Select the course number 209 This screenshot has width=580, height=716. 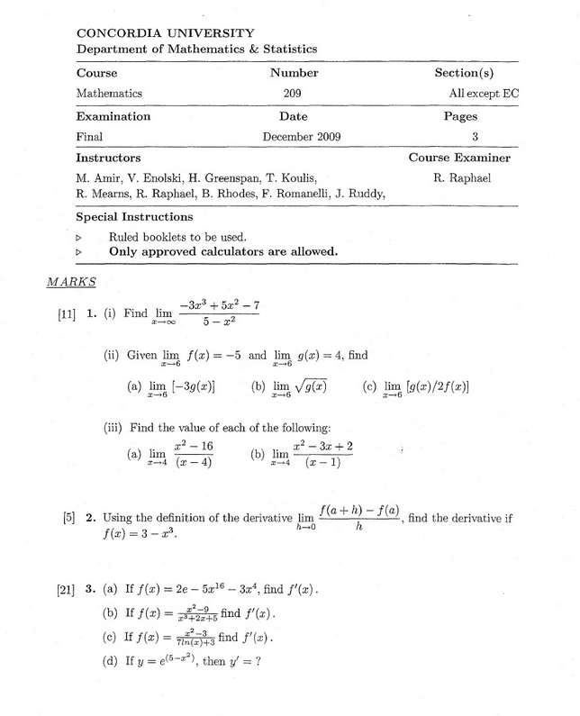[294, 93]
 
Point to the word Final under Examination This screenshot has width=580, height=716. [90, 137]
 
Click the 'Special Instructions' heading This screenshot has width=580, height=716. [133, 217]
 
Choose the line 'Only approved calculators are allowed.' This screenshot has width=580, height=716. [223, 251]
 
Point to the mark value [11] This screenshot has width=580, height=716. [68, 314]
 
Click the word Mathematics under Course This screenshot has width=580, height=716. [109, 93]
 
